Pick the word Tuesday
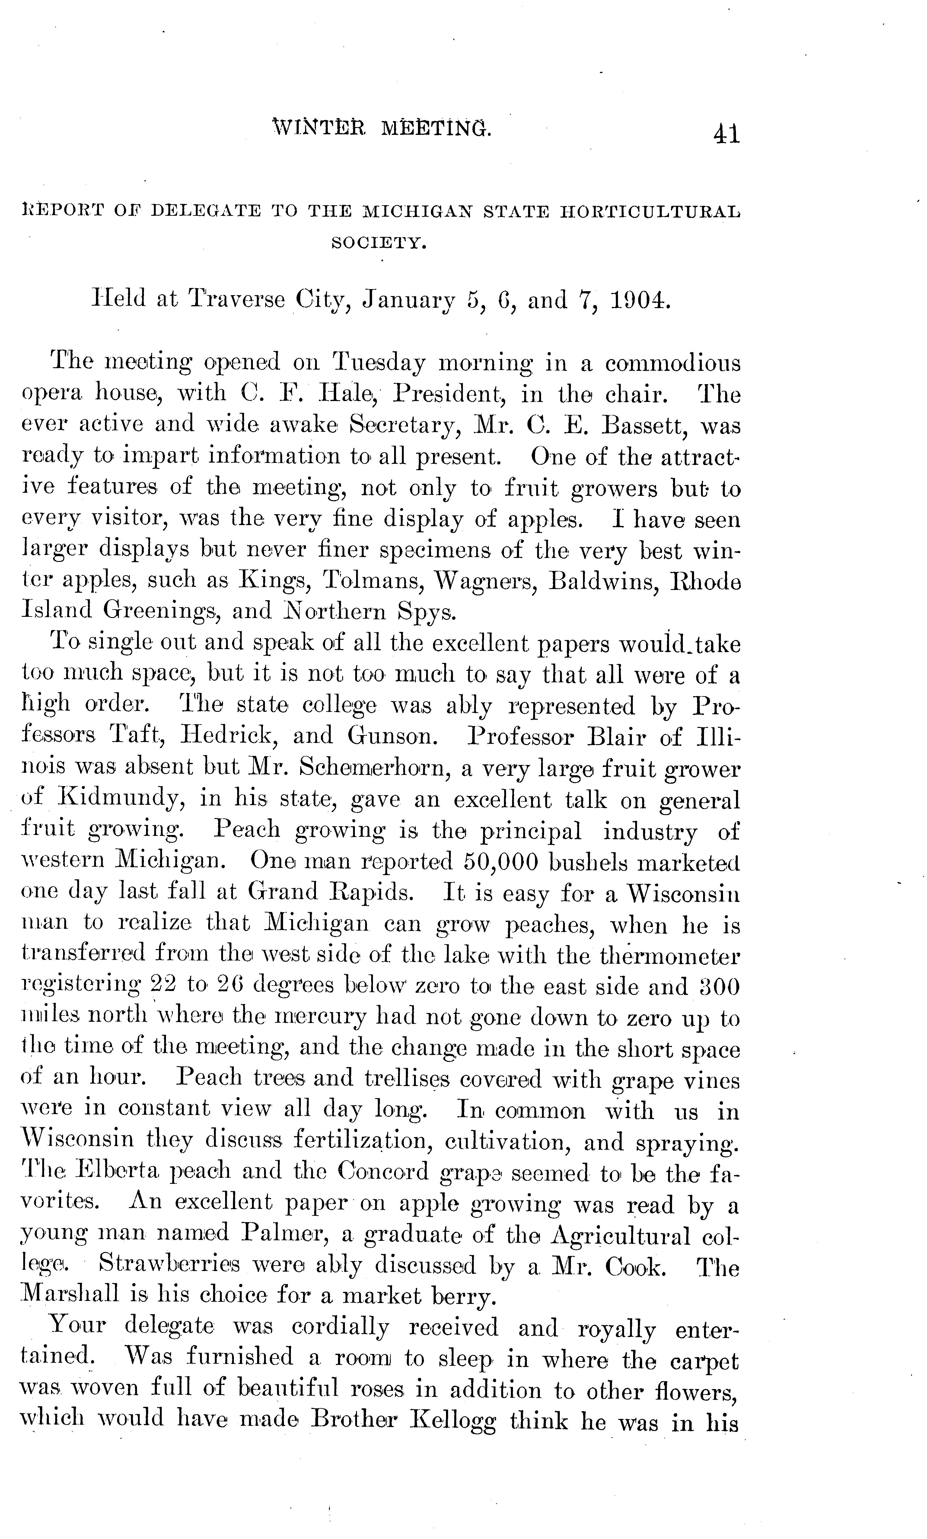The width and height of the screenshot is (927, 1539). click(x=380, y=363)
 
